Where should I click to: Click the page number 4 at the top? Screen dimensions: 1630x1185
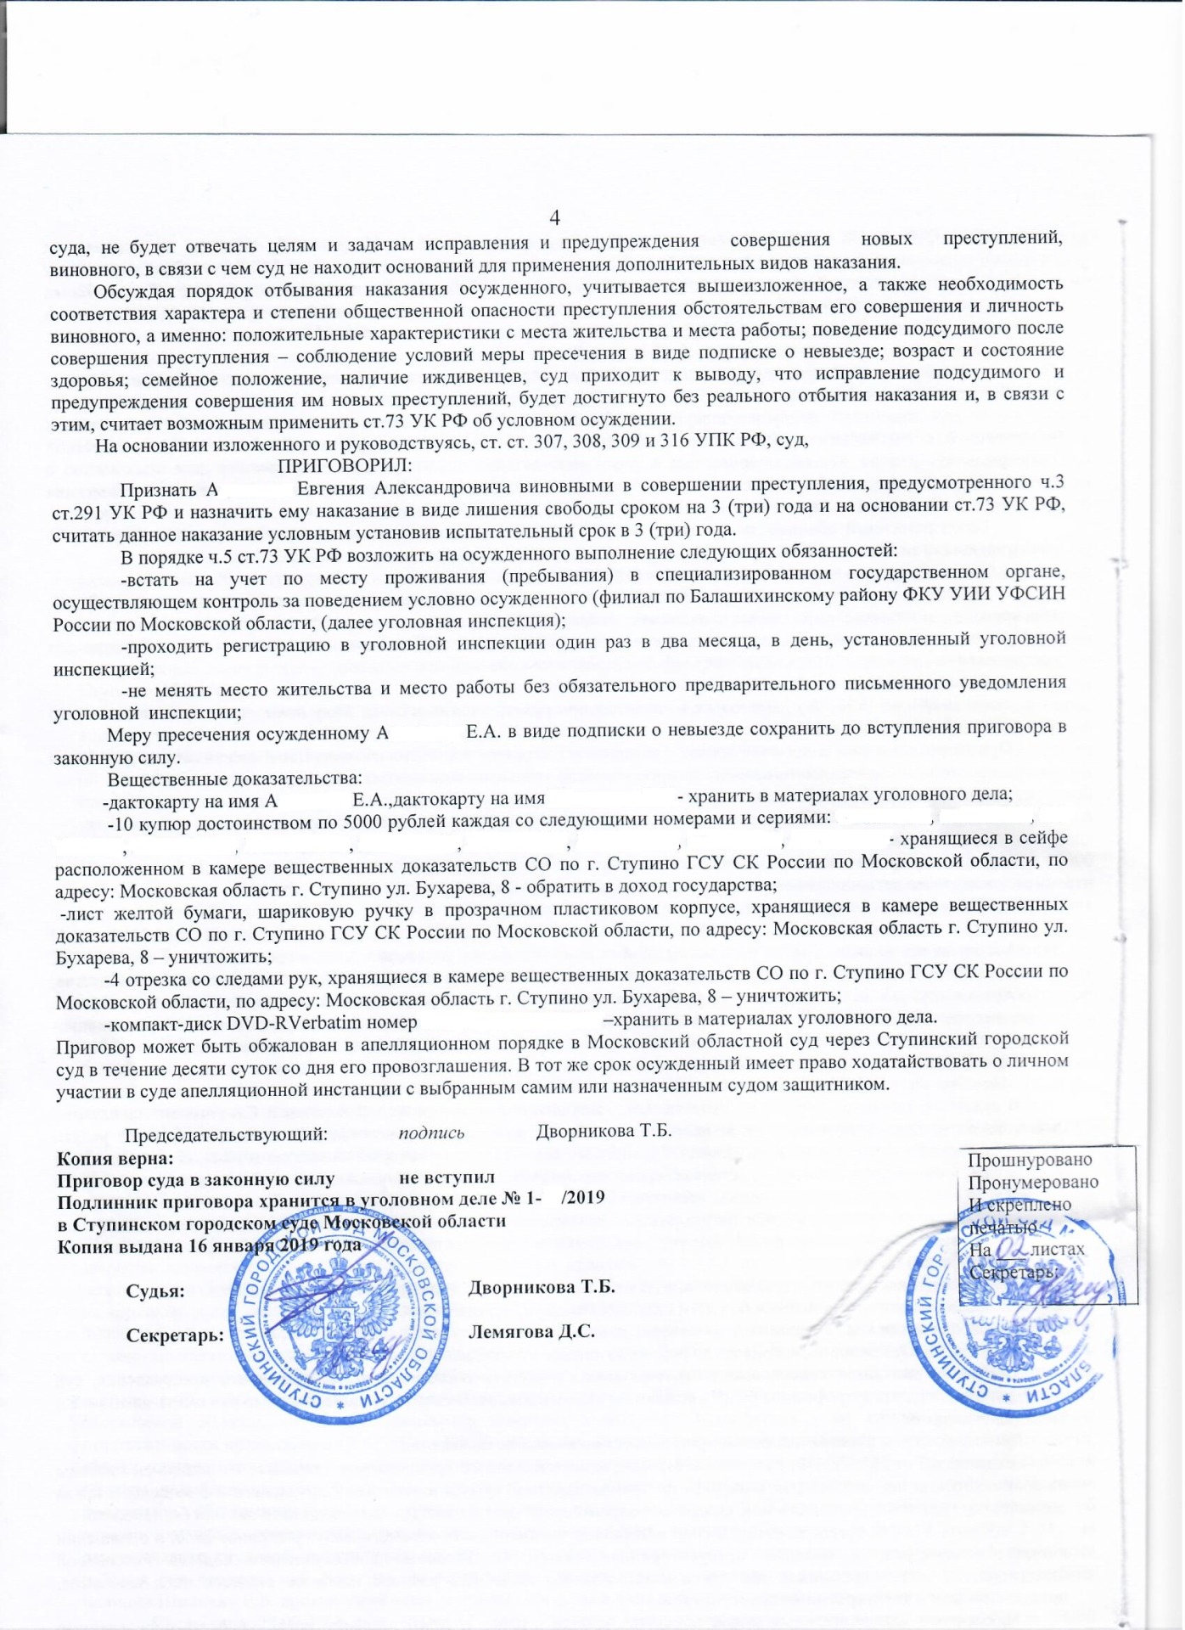[x=555, y=217]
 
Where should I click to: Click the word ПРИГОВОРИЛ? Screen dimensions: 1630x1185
[x=345, y=465]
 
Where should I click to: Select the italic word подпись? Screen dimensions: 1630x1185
[x=431, y=1132]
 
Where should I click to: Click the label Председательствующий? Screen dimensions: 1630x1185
[x=227, y=1133]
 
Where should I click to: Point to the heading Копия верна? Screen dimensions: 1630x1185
[x=115, y=1158]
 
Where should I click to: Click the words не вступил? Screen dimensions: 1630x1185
[x=446, y=1178]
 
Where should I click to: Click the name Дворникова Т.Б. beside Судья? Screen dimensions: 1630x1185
[x=542, y=1287]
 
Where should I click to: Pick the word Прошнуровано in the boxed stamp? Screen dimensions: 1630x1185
[x=1031, y=1161]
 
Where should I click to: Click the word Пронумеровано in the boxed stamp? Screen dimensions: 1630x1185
[x=1033, y=1183]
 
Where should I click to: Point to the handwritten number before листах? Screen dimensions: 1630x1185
[x=1013, y=1248]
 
